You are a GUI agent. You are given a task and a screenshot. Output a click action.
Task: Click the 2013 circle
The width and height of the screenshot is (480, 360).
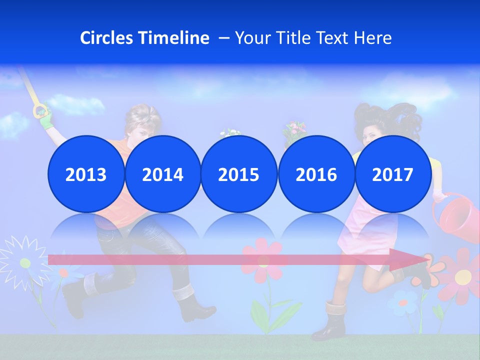pos(86,174)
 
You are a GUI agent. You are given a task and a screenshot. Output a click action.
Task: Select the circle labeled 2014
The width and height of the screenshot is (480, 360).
pos(162,174)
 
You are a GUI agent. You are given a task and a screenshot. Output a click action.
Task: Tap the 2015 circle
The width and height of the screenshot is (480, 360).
pos(239,174)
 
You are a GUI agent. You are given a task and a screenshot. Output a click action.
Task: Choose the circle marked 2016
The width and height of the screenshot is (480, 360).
pos(316,174)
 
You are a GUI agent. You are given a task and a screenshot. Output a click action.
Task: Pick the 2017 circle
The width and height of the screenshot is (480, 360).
pos(392,174)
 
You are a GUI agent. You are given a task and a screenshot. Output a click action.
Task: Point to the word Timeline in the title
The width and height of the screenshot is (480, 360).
pos(174,38)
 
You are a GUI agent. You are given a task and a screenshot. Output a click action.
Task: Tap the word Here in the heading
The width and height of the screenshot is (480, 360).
pos(372,38)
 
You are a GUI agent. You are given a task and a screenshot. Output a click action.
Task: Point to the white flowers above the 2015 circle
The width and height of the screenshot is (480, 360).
pos(229,133)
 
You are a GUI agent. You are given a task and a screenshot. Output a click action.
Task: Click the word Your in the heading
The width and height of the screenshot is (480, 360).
pos(252,38)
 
